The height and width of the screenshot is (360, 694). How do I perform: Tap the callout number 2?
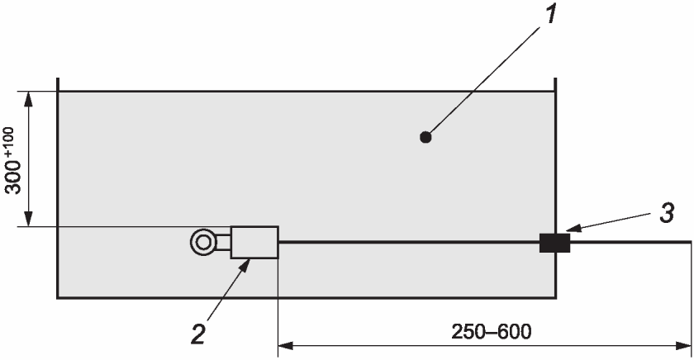tap(199, 334)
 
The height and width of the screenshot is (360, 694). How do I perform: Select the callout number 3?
tap(667, 213)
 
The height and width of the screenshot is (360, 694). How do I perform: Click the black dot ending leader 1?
tap(425, 138)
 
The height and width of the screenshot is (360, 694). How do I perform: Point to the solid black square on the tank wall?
tap(554, 243)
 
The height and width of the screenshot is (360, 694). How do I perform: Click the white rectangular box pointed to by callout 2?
tap(254, 243)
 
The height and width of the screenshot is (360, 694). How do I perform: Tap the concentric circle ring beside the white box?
tap(203, 242)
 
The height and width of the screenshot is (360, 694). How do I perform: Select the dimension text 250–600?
tap(491, 332)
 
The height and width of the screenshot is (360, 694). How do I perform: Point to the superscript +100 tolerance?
tap(9, 140)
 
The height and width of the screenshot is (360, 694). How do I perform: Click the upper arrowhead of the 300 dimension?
tap(28, 99)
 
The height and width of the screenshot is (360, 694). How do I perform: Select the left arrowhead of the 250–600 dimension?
tap(286, 346)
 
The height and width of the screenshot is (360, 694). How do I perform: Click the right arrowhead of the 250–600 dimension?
tap(683, 346)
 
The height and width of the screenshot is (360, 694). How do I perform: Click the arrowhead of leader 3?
tap(573, 228)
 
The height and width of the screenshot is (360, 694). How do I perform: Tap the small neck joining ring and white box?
tap(224, 243)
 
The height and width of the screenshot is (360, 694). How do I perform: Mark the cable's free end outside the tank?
tap(691, 243)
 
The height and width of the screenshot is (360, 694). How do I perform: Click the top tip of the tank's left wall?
tap(58, 78)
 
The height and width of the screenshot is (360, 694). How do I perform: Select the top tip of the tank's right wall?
tap(555, 78)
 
